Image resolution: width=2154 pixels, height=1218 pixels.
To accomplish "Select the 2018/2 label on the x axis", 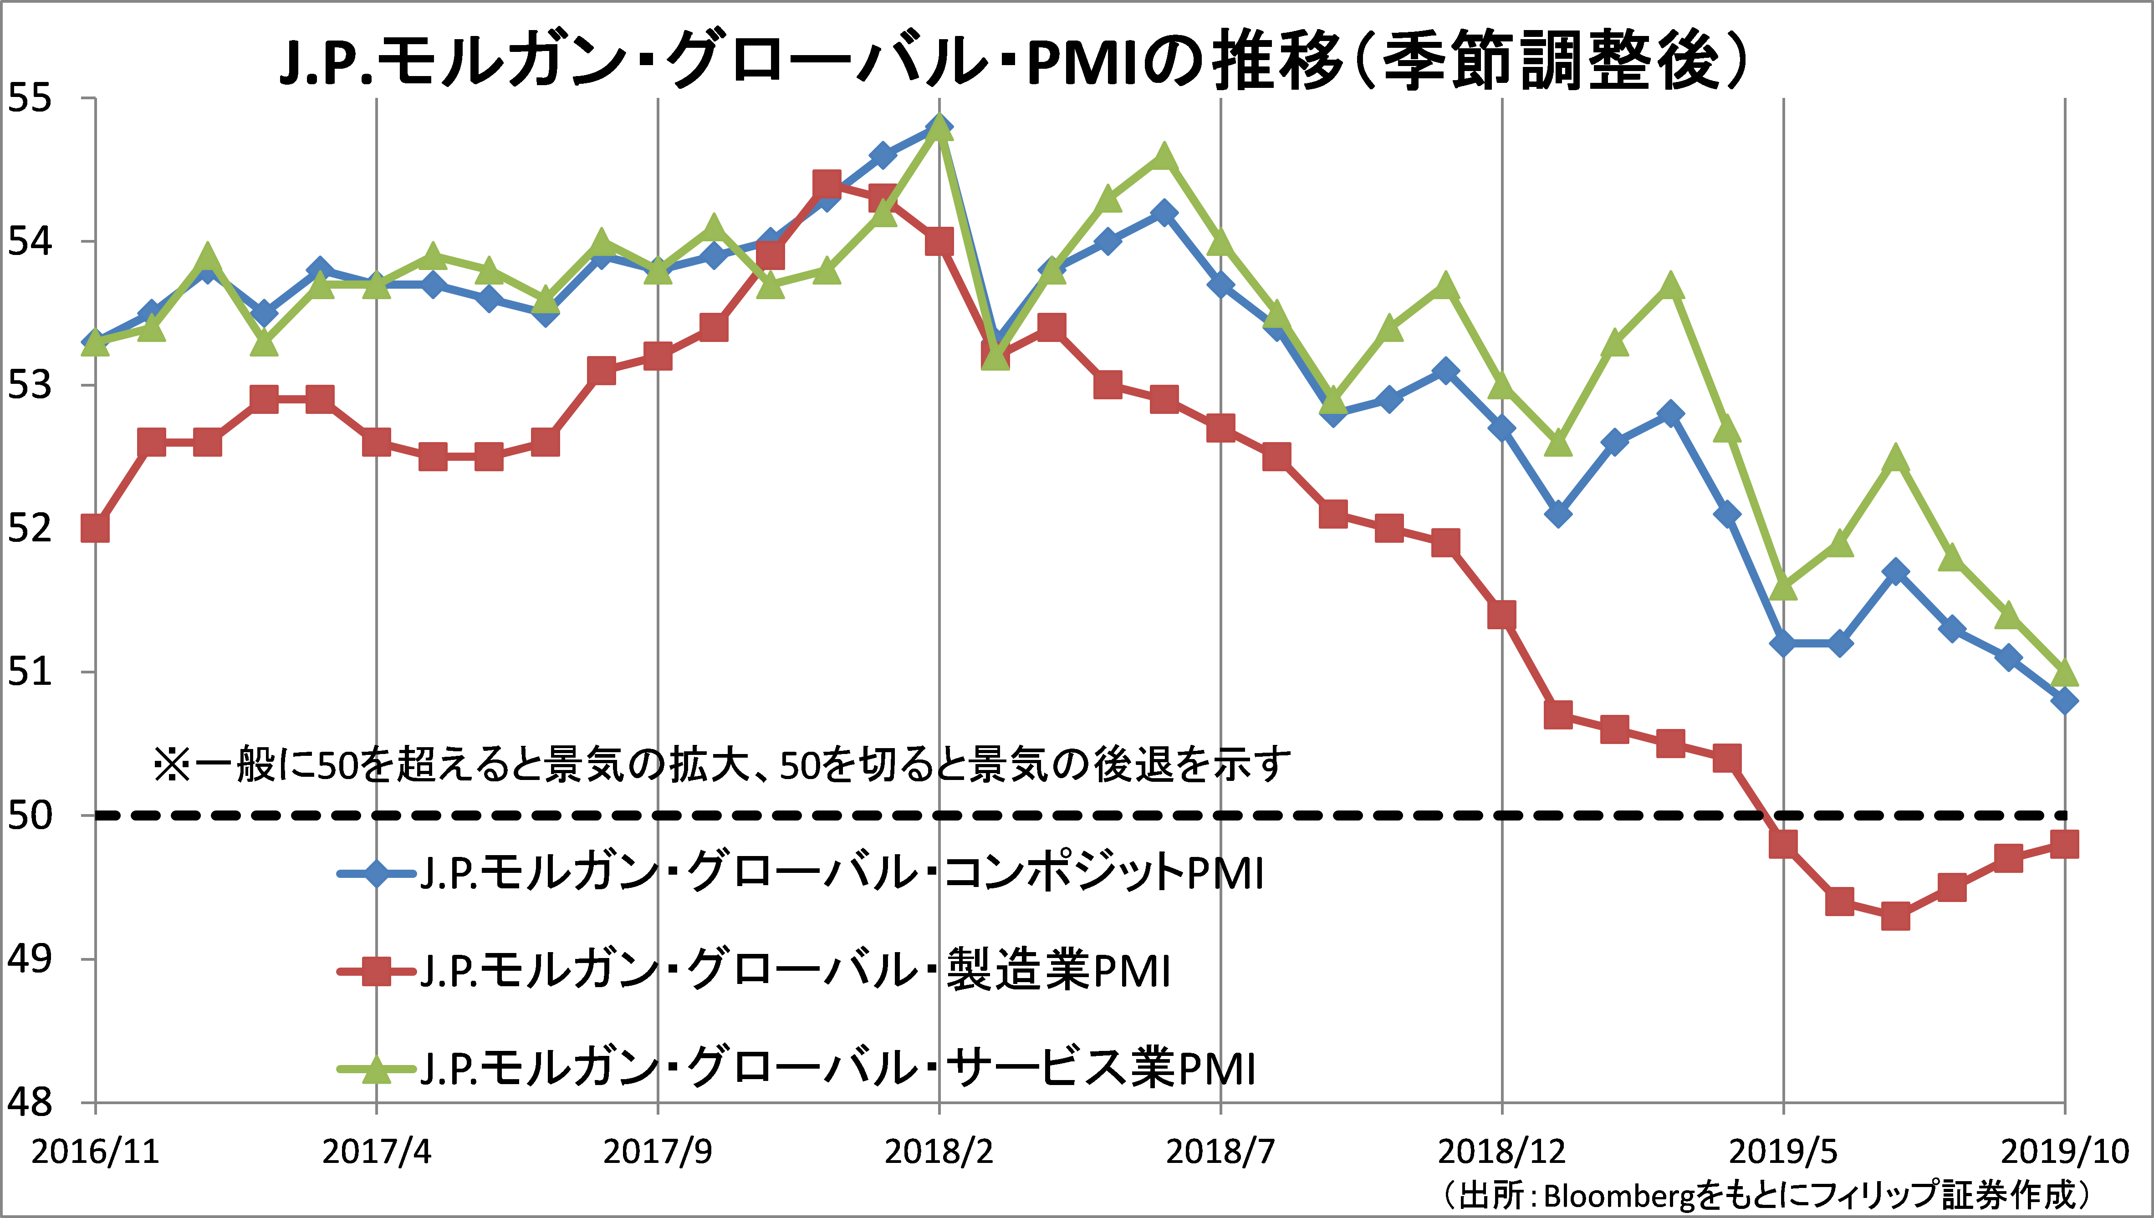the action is point(939,1152).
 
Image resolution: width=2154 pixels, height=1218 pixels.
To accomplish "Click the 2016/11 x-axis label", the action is point(95,1152).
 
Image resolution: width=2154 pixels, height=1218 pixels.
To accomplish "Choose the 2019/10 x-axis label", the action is point(2064,1152).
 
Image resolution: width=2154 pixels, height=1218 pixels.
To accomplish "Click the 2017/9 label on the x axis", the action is point(658,1152).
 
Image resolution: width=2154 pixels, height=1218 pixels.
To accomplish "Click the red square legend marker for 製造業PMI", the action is point(377,971).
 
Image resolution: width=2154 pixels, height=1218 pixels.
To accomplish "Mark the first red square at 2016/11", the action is point(95,529).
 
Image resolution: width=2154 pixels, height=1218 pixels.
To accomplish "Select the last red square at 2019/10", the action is point(2064,844).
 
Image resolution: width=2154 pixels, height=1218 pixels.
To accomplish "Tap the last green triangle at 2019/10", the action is point(2064,672).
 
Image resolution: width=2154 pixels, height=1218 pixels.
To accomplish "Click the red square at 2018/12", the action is point(1501,615).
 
